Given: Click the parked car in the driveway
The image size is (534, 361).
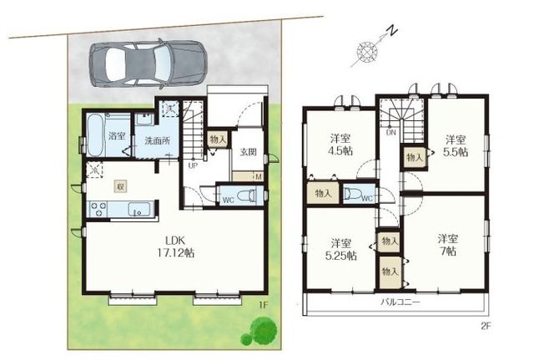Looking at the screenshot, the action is pos(148,64).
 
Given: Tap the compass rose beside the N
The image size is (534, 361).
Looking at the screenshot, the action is pos(367,52).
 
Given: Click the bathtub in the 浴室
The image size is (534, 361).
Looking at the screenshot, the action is pos(95,135).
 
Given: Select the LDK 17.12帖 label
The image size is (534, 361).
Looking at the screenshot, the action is pos(175,247).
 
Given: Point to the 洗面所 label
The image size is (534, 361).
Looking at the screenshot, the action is pos(158,140).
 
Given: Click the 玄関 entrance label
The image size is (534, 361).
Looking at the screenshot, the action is pos(249,151).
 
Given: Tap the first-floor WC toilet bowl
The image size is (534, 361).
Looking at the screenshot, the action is pos(246,196).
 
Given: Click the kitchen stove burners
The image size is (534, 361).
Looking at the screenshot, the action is pos(98,209).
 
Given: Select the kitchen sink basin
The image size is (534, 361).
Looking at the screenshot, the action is pos(141,209).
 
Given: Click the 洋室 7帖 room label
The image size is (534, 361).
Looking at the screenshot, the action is pos(448,245).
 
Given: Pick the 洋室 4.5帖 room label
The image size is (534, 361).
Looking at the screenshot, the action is pos(340,145).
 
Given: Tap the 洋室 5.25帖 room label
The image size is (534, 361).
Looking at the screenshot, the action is pos(341,249).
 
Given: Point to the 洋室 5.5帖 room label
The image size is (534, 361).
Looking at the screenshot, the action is pos(456,145).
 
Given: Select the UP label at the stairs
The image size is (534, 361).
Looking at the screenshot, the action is pos(193,166).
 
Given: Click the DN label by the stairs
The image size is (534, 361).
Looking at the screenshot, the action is pos(391,132).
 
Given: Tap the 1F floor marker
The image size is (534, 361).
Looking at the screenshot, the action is pos(264,305).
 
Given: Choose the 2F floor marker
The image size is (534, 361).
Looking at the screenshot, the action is pos(486,326).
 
